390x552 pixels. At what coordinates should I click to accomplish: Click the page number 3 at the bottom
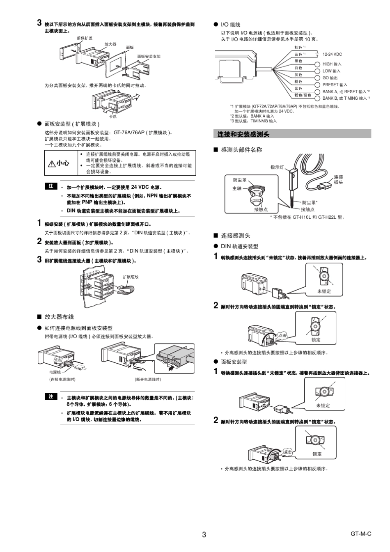tap(204, 534)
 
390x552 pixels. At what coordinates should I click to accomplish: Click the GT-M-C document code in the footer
tap(360, 534)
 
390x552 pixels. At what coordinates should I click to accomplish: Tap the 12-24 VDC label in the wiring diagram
tap(332, 54)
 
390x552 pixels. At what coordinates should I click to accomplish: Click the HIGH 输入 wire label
tap(332, 64)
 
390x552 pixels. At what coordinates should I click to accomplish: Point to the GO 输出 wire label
tap(330, 78)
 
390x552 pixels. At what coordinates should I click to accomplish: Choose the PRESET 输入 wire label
tap(335, 85)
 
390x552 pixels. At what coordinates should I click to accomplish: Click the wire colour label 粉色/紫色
tap(303, 95)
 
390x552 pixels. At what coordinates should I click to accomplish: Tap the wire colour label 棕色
tap(299, 48)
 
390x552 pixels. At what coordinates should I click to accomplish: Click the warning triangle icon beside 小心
tap(52, 164)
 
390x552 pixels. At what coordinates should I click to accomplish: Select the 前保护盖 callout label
tap(85, 38)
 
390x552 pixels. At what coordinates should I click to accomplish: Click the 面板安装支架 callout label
tap(149, 56)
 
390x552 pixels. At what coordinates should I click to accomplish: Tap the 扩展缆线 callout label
tap(131, 277)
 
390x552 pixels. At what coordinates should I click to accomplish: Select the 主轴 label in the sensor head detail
tap(237, 188)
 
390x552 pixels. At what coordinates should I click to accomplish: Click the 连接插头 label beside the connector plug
tap(338, 179)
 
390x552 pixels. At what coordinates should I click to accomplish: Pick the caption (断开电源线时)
tap(148, 380)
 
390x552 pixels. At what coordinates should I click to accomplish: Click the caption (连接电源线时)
tap(62, 380)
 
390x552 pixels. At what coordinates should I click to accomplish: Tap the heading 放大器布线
tap(59, 317)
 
